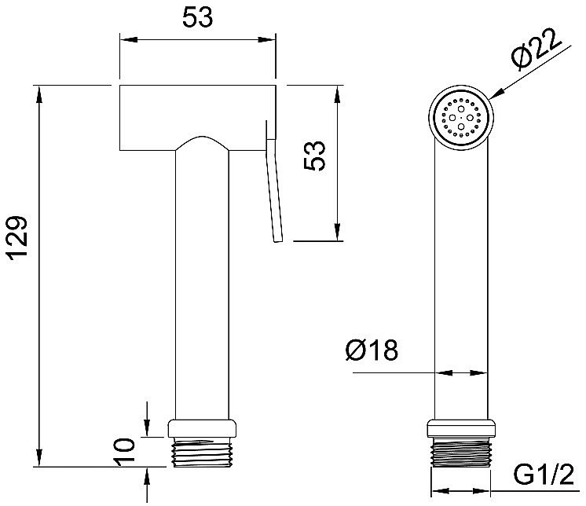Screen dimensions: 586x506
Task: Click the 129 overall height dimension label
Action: click(17, 236)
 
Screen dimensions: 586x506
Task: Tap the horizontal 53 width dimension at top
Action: click(198, 17)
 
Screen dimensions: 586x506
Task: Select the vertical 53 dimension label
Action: click(315, 156)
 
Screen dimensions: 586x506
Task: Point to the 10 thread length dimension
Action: click(124, 452)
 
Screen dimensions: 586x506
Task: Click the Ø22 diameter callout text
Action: click(537, 49)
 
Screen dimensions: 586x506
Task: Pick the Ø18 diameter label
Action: click(372, 350)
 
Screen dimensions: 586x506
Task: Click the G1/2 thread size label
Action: click(543, 475)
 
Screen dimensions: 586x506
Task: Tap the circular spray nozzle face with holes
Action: click(461, 117)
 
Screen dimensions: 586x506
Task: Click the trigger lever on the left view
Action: click(273, 181)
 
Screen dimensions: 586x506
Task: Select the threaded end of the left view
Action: click(202, 453)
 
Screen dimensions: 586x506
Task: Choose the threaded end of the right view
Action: click(461, 452)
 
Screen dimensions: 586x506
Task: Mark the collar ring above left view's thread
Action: click(202, 428)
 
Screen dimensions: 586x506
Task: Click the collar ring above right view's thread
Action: click(461, 428)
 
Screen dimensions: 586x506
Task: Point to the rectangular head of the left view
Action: click(198, 118)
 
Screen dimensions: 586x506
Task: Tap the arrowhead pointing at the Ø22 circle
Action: click(496, 94)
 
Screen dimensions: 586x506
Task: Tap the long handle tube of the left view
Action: click(202, 284)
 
